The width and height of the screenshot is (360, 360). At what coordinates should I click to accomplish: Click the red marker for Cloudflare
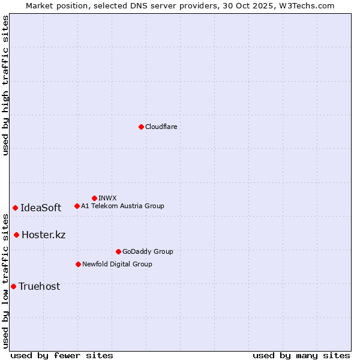(141, 127)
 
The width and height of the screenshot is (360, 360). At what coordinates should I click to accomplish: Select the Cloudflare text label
(161, 127)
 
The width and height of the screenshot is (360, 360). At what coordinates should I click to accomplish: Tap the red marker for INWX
(94, 198)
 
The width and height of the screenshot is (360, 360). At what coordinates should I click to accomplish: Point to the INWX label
(107, 198)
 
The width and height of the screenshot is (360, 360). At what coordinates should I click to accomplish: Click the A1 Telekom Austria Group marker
(77, 206)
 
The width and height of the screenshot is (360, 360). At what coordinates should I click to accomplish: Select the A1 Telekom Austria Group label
(122, 206)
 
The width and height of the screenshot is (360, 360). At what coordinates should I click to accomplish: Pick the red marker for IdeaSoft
(15, 208)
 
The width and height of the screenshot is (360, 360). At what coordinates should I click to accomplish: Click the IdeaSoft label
(41, 208)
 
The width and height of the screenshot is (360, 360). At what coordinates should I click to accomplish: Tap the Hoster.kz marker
(16, 235)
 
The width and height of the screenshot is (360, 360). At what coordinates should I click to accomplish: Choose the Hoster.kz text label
(43, 235)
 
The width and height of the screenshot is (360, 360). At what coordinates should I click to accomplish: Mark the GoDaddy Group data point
(118, 251)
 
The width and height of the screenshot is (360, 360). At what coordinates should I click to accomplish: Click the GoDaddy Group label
(147, 251)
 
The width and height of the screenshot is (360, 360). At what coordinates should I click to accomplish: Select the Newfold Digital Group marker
(78, 264)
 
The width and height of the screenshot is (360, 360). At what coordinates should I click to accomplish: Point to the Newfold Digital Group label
(117, 264)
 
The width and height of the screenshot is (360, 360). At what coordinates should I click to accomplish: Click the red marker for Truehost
(13, 286)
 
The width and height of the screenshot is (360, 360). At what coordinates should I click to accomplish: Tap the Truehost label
(39, 286)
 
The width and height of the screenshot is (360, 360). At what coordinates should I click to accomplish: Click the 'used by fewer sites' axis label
(62, 355)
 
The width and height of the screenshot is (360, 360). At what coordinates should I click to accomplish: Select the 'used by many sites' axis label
(301, 355)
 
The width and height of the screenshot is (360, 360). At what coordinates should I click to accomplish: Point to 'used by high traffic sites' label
(5, 85)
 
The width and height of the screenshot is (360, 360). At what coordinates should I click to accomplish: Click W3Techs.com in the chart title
(305, 5)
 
